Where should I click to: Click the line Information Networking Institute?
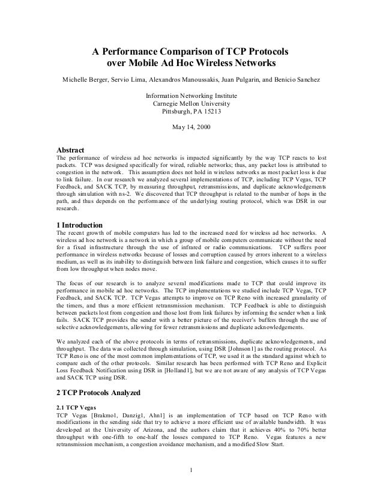click(191, 95)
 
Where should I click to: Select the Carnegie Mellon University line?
click(191, 103)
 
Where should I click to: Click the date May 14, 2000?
click(191, 126)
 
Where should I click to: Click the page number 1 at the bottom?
click(191, 469)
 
